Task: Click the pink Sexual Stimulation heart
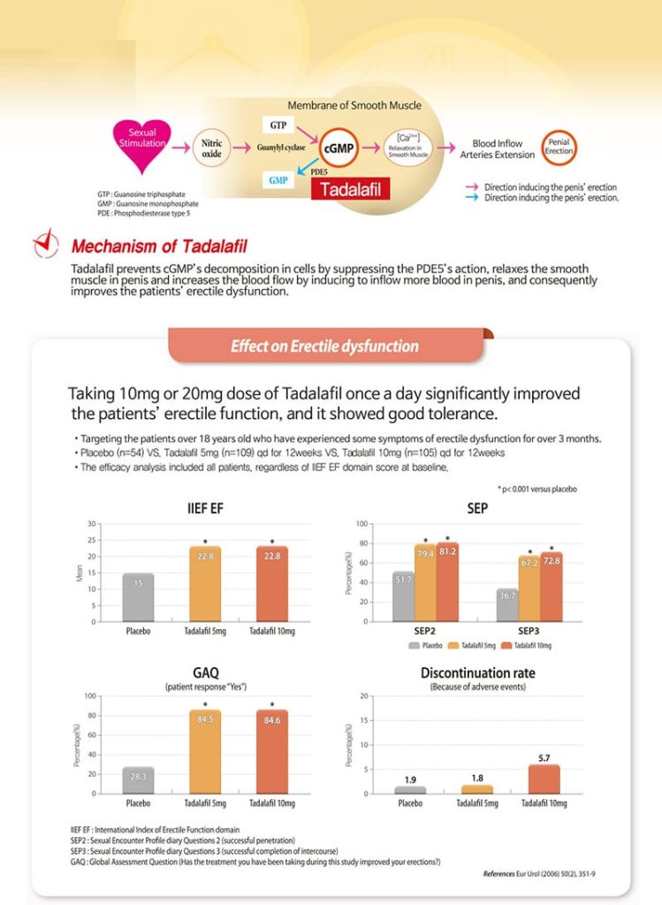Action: pos(142,144)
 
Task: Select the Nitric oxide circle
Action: pos(212,148)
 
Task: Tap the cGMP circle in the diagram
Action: pos(339,148)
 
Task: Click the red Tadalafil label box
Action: pos(350,189)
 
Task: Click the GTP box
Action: pos(278,125)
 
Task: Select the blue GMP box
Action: pos(278,180)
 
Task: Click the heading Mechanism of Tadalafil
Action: pos(159,247)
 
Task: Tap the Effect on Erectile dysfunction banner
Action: pos(325,346)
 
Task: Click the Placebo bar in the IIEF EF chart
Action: pos(138,597)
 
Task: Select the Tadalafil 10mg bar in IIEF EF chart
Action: pos(272,584)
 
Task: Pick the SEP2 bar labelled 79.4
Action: pos(425,582)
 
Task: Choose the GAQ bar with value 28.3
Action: pos(138,780)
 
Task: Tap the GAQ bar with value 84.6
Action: pos(272,752)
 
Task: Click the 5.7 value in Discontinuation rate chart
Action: pos(544,757)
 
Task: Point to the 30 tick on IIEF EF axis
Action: pos(91,523)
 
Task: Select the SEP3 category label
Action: pos(529,631)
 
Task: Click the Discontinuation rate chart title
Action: pos(477,673)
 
